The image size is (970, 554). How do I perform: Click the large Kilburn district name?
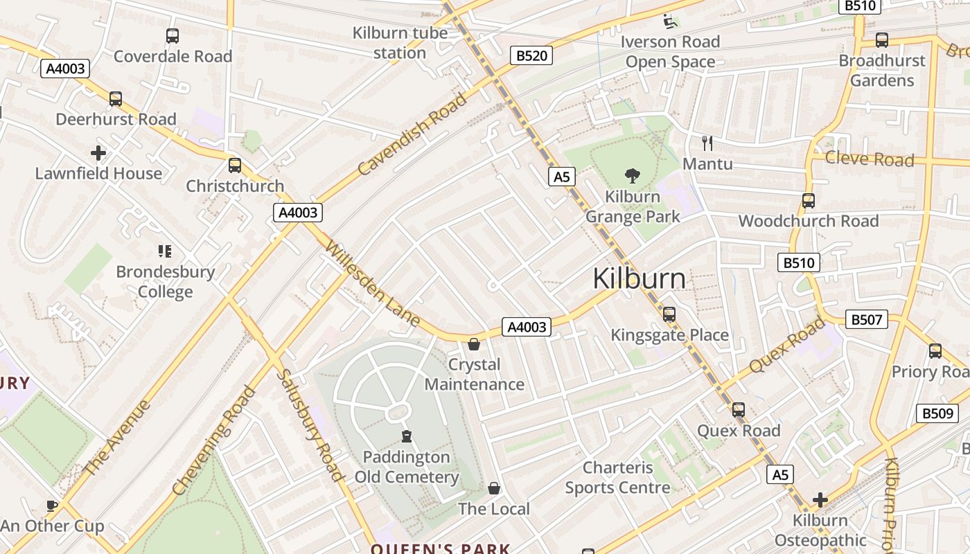[x=639, y=279]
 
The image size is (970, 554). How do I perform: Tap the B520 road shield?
[x=531, y=55]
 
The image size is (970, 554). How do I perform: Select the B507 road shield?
[x=866, y=319]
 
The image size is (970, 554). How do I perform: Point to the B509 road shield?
[x=937, y=413]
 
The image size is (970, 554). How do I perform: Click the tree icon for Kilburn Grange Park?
[x=632, y=176]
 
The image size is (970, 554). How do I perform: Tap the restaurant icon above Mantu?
[x=707, y=143]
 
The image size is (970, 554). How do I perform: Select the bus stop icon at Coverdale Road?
[x=173, y=36]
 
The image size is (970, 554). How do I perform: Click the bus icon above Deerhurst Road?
[x=116, y=99]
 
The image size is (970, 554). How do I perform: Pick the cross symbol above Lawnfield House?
[x=98, y=153]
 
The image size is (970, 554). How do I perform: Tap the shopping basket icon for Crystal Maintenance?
[x=474, y=344]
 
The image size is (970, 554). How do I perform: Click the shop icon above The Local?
[x=493, y=489]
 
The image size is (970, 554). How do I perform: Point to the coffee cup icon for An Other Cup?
[x=52, y=506]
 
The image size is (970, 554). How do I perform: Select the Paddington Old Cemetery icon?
[x=406, y=436]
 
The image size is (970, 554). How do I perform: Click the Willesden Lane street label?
[x=372, y=283]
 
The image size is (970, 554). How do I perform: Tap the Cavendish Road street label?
[x=412, y=134]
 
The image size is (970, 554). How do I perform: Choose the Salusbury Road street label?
[x=310, y=425]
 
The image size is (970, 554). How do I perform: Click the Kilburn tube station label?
[x=400, y=43]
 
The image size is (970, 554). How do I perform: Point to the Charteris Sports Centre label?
[x=618, y=478]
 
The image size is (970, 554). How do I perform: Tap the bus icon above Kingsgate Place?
[x=669, y=314]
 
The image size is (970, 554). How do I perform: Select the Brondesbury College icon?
[x=164, y=251]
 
